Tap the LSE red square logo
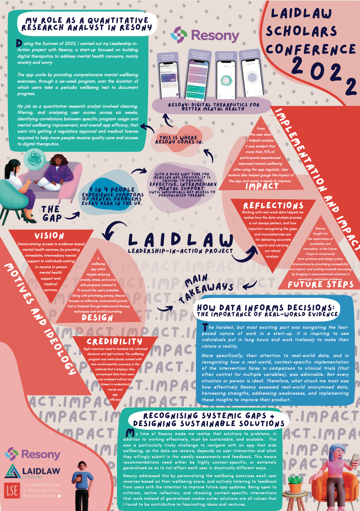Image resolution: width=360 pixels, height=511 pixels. click(x=12, y=490)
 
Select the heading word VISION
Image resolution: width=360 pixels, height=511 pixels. click(x=49, y=236)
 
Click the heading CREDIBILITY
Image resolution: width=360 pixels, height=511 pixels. click(x=114, y=341)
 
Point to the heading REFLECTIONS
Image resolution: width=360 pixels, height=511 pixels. click(x=273, y=205)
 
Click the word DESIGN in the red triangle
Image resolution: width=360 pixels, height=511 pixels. click(x=98, y=318)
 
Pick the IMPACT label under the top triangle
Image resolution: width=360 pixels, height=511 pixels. click(x=262, y=186)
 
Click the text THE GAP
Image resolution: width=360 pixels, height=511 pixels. click(x=52, y=214)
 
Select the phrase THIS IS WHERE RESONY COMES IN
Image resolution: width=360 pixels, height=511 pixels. click(x=179, y=140)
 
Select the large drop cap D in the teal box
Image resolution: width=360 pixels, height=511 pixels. click(x=19, y=43)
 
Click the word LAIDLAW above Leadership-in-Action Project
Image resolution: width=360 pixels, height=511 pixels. click(x=181, y=240)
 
